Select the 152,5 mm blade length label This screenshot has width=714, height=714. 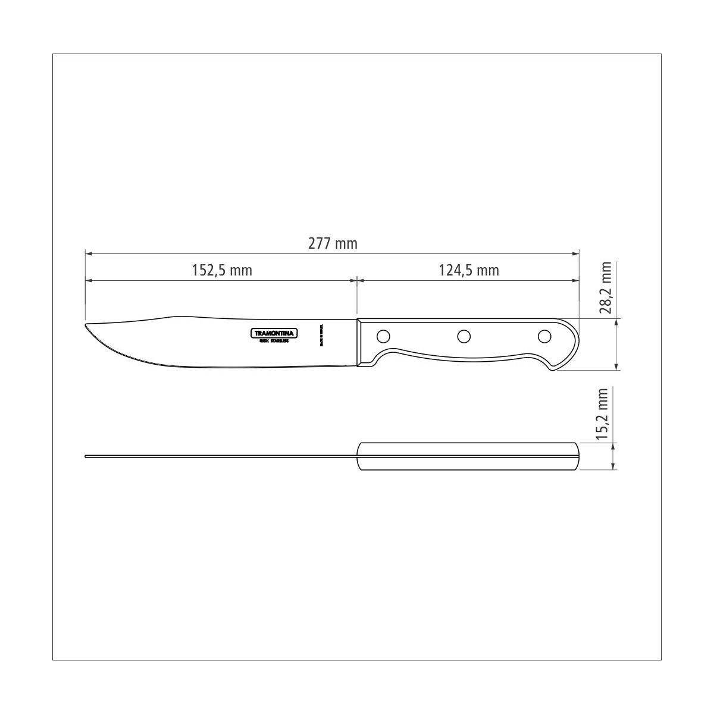click(x=222, y=271)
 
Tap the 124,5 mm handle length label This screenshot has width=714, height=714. click(x=469, y=271)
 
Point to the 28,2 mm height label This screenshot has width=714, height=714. click(x=606, y=287)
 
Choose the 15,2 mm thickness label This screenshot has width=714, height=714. click(x=604, y=414)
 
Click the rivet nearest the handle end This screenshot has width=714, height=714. click(x=544, y=337)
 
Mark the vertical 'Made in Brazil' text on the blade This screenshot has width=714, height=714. click(x=321, y=336)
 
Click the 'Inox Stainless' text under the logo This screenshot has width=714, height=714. click(x=274, y=342)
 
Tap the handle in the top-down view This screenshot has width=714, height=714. click(x=467, y=457)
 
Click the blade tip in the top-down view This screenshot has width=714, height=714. click(x=87, y=457)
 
